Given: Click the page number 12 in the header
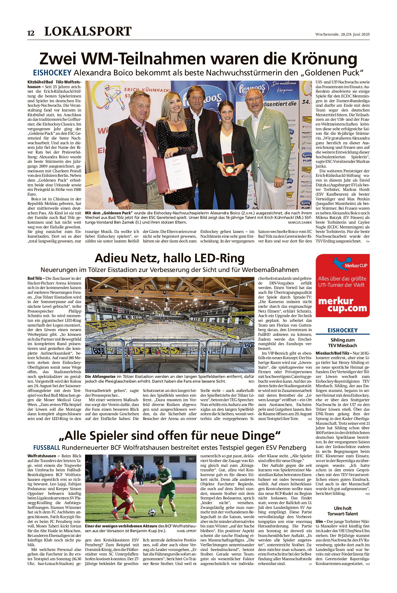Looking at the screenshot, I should (x=31, y=33).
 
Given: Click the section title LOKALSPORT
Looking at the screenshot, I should (x=88, y=31).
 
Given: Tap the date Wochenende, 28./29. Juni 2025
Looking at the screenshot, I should (x=342, y=35).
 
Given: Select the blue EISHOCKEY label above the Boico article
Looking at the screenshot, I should (x=52, y=73).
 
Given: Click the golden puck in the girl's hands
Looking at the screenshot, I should (x=229, y=170).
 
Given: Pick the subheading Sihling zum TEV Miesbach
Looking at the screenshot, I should (x=342, y=343).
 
